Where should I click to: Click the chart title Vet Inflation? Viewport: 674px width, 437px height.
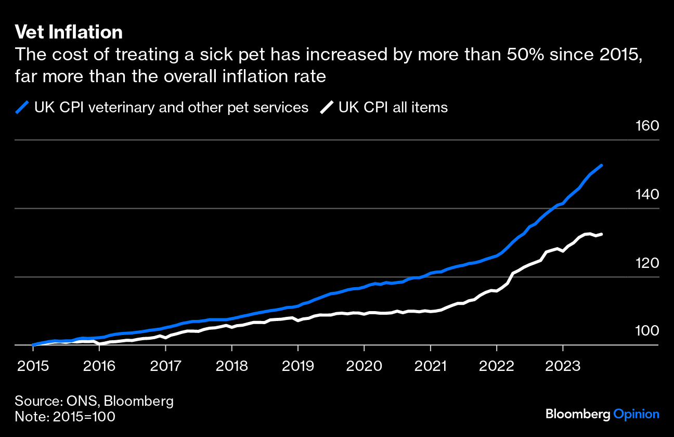click(69, 33)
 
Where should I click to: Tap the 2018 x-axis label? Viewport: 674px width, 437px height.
click(231, 366)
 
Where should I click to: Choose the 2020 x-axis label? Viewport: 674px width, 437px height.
click(364, 366)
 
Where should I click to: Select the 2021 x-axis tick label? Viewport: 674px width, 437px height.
click(431, 366)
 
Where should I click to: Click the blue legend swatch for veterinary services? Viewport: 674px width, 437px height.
click(22, 108)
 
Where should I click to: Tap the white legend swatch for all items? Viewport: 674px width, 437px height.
click(326, 108)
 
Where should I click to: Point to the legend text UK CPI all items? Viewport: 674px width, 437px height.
click(393, 108)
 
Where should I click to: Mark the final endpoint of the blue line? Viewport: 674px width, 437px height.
click(602, 165)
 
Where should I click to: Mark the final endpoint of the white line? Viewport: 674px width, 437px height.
click(602, 234)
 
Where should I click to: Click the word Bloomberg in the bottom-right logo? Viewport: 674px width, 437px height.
click(578, 415)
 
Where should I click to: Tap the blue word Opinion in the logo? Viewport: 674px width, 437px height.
click(637, 415)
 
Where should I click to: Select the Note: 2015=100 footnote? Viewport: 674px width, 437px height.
click(65, 417)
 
